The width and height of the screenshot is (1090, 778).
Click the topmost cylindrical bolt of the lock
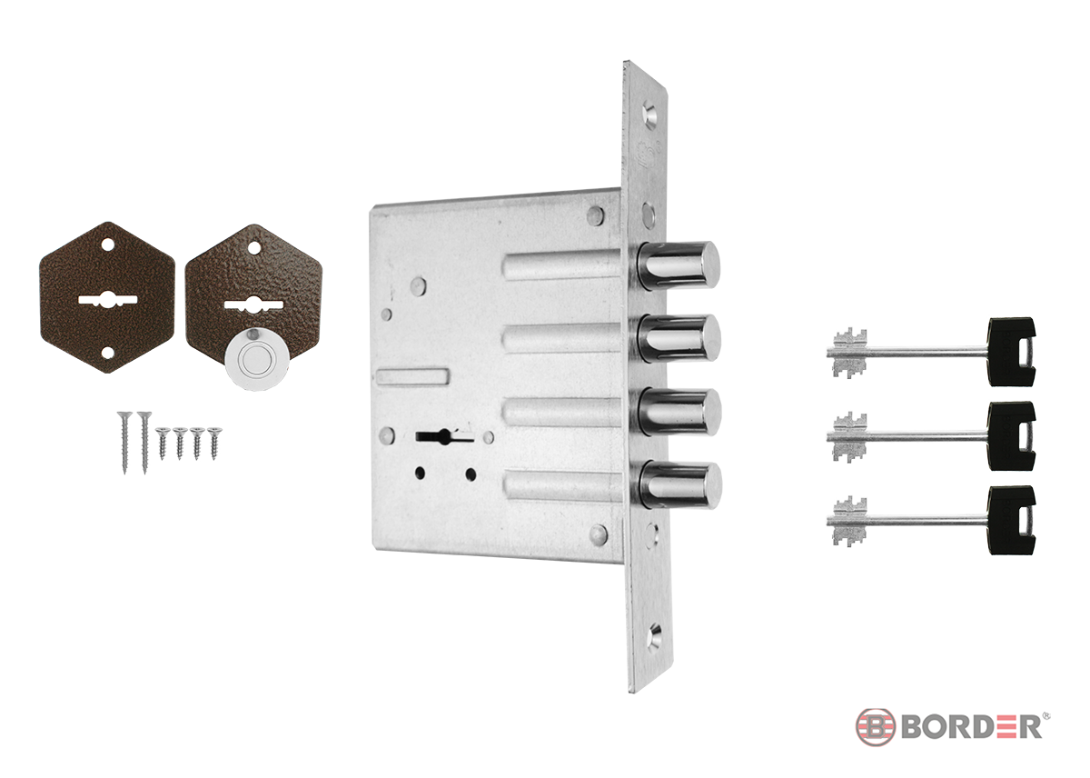click(679, 265)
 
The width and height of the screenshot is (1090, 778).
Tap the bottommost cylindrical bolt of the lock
click(679, 485)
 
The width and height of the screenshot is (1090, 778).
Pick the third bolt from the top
click(679, 412)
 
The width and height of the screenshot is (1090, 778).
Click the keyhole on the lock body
click(443, 436)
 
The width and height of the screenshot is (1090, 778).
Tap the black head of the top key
click(1012, 352)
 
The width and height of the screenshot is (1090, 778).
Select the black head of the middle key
click(1012, 436)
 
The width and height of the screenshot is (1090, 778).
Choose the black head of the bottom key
click(1012, 520)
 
